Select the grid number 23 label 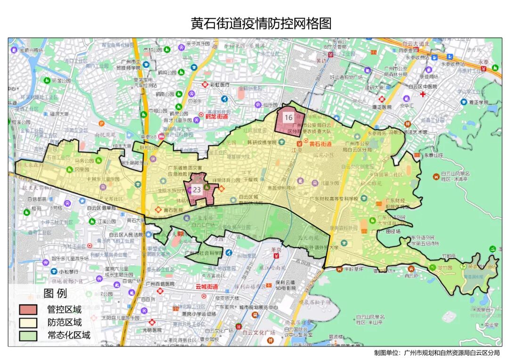tap(197, 189)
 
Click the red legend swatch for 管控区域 tap(28, 310)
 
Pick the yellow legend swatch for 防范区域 tap(28, 323)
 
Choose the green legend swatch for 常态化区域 tap(28, 335)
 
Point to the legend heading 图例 tap(55, 294)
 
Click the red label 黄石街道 tap(320, 144)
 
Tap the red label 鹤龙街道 tap(216, 116)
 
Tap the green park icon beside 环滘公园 tap(47, 81)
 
